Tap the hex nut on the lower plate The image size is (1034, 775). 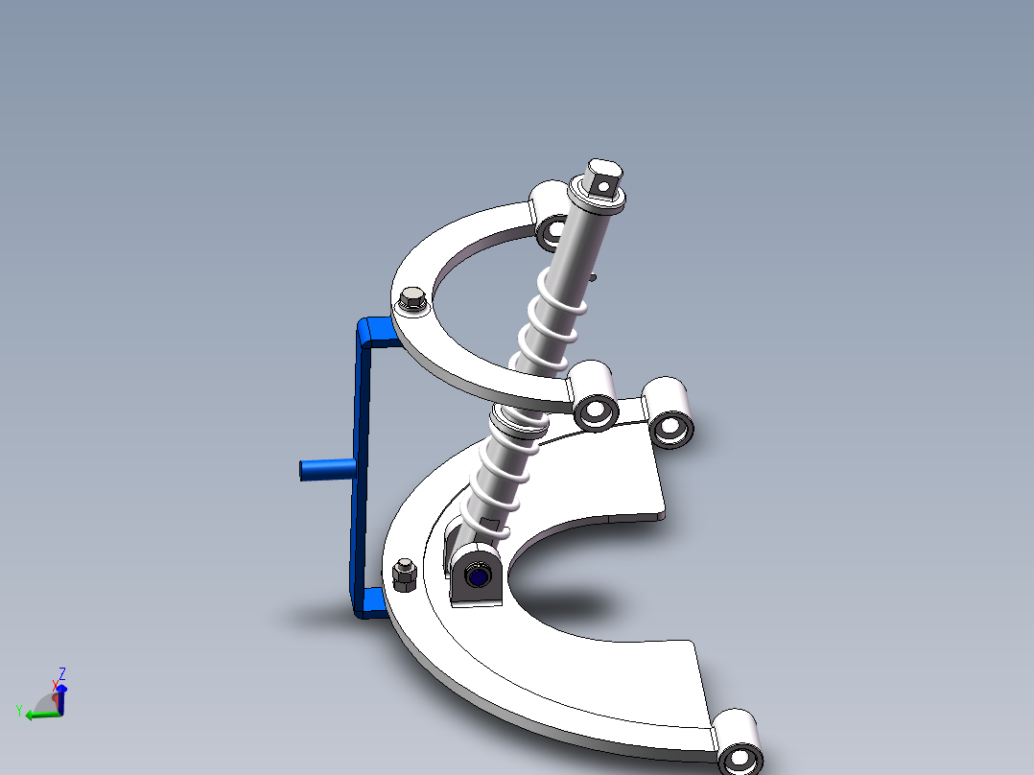click(403, 575)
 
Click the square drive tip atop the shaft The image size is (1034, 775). click(604, 176)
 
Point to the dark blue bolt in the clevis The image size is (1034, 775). click(477, 576)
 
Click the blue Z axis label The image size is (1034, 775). click(62, 672)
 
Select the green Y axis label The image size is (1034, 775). click(18, 711)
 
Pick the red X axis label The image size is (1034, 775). click(55, 684)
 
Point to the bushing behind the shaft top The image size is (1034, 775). click(552, 216)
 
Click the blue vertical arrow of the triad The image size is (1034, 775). click(61, 699)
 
